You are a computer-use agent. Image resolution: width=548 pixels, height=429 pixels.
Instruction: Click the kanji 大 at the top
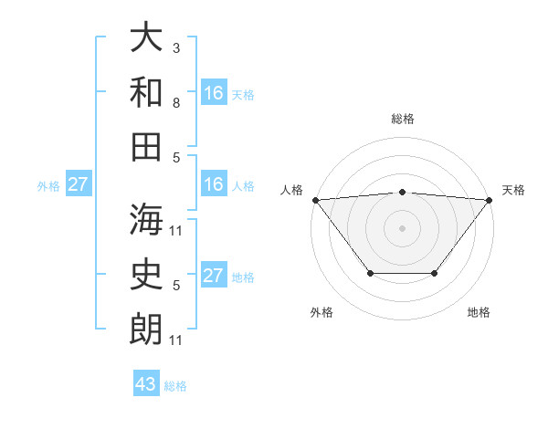146,39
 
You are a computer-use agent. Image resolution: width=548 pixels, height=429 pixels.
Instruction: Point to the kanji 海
146,220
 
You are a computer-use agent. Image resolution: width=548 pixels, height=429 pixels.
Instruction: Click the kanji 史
146,273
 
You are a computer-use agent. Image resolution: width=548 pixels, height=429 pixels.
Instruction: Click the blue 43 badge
146,384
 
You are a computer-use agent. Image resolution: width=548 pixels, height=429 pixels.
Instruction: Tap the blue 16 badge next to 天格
214,93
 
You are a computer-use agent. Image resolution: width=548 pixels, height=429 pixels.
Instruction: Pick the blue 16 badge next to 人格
214,184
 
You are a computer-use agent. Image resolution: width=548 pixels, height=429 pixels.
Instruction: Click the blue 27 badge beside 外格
79,184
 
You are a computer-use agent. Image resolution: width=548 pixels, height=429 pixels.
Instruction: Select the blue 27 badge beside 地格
214,276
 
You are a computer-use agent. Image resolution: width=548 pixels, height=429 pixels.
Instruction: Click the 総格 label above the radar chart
402,119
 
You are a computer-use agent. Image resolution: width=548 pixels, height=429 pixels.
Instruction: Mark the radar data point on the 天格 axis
490,199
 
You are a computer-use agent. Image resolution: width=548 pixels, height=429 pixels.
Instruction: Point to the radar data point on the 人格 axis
314,199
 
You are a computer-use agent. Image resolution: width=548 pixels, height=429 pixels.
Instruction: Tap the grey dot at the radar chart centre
402,227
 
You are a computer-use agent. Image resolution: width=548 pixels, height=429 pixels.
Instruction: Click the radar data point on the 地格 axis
435,273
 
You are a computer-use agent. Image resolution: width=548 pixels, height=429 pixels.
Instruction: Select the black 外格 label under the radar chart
321,312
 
